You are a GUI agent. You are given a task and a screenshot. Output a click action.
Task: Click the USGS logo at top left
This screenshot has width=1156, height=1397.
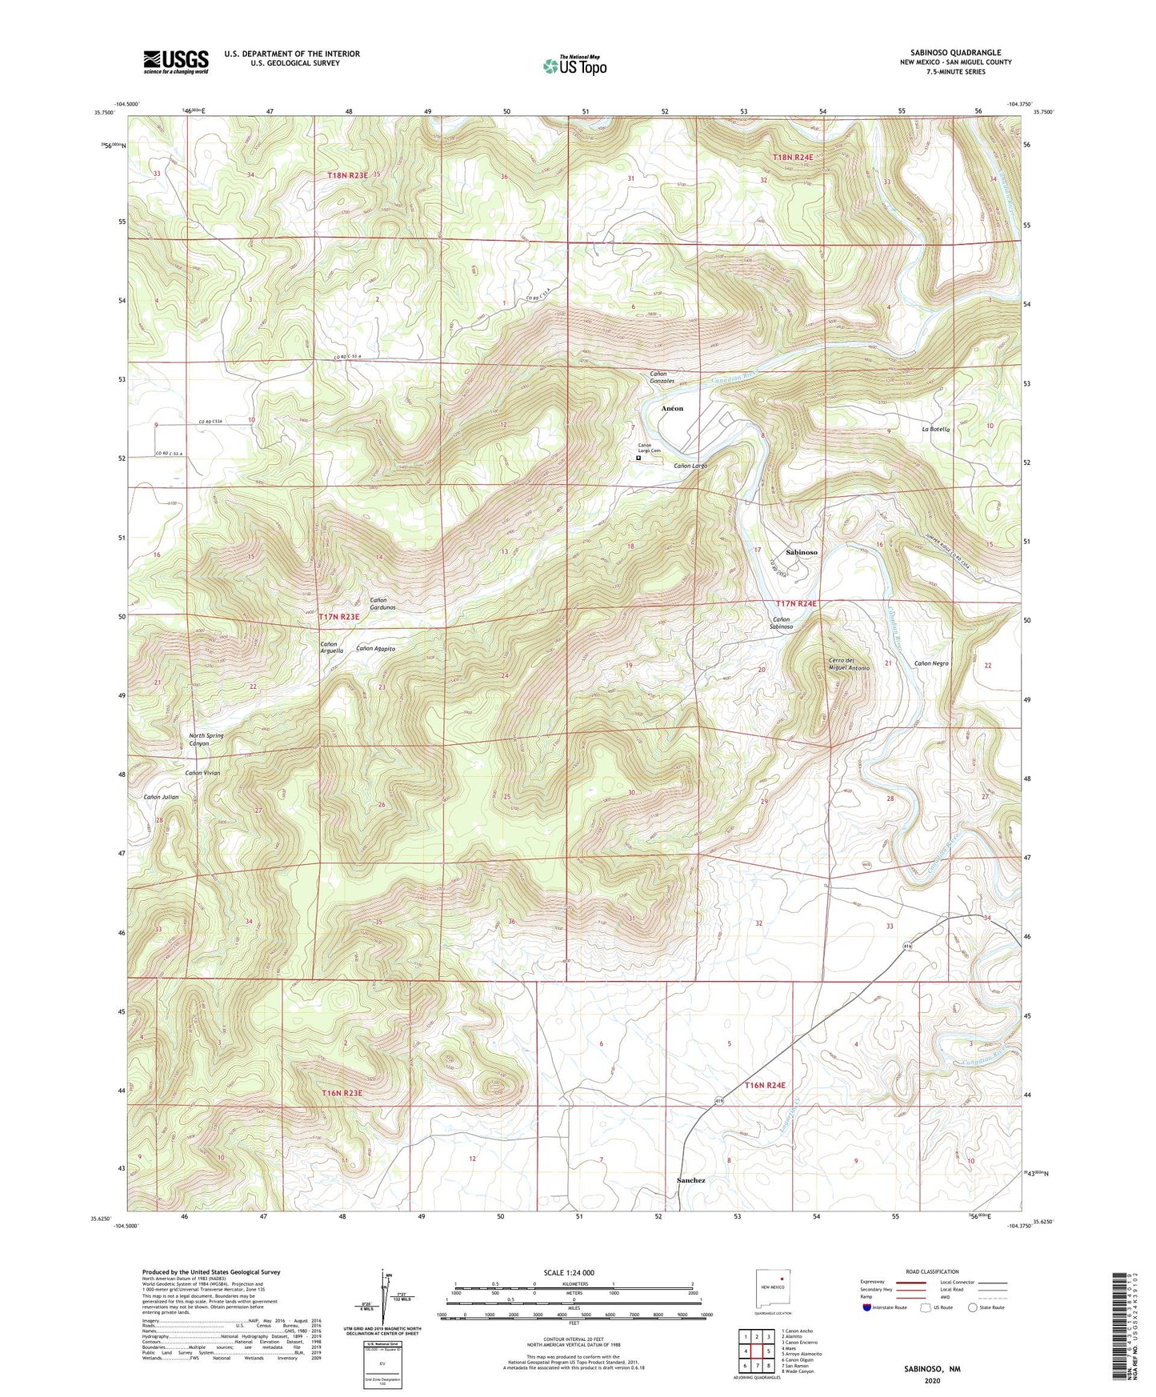click(176, 62)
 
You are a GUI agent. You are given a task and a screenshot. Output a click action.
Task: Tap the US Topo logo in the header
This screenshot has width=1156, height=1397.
click(574, 66)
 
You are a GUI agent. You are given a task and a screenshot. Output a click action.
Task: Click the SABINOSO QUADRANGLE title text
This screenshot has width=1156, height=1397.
click(955, 53)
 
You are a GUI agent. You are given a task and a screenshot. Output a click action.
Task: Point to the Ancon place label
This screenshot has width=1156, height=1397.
click(672, 408)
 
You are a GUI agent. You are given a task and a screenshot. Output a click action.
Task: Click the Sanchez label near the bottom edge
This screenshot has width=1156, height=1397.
click(690, 1180)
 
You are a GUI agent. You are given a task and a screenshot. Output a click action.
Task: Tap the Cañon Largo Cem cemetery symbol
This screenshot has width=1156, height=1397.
click(638, 458)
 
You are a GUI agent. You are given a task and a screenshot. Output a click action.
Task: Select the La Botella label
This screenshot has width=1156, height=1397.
click(935, 430)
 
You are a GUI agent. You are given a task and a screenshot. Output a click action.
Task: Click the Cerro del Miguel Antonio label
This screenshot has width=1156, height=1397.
click(849, 664)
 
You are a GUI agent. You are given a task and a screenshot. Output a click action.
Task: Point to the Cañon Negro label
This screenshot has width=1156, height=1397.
click(931, 663)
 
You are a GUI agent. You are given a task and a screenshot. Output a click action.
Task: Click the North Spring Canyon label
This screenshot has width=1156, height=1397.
click(206, 739)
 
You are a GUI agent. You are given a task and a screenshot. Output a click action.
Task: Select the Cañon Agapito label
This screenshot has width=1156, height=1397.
click(375, 648)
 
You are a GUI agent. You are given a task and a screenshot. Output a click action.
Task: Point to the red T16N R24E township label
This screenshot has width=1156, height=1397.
click(765, 1085)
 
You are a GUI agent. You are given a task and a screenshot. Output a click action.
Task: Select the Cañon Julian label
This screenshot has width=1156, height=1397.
click(161, 797)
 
